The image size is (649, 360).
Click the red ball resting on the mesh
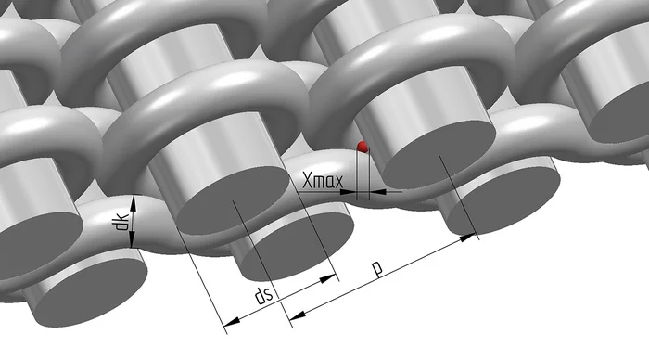[x=363, y=147]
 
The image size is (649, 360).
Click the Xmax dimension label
[x=323, y=181]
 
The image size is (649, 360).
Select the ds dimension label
[x=263, y=296]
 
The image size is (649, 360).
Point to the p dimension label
[x=377, y=269]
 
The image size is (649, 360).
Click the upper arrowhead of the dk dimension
[x=133, y=201]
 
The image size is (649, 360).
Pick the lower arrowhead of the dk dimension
[x=132, y=241]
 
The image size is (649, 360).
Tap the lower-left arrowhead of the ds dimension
[x=231, y=321]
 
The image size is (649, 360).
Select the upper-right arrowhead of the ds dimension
[x=328, y=278]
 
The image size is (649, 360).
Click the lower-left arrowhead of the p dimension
[x=298, y=315]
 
